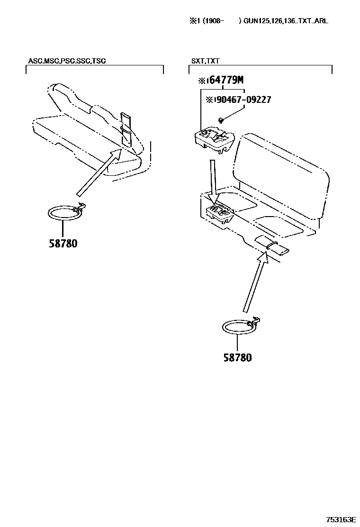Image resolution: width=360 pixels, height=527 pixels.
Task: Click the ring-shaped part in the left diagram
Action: pos(64,213)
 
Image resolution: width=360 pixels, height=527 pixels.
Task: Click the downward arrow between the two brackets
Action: pos(213,179)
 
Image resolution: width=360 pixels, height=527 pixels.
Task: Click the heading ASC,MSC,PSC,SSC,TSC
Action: pos(67,61)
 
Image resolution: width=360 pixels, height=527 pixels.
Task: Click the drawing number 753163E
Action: pos(341,519)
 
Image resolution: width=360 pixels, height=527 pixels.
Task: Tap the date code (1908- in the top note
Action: pos(214,21)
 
